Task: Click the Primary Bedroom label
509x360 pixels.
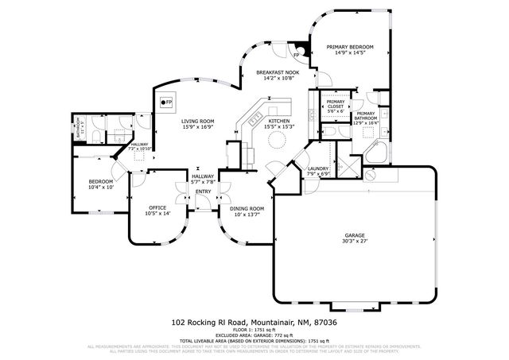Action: click(349, 48)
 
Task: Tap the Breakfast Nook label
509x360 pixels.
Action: click(275, 72)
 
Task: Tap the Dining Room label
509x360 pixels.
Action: click(246, 208)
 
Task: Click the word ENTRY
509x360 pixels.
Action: click(204, 192)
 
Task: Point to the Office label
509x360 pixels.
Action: click(157, 208)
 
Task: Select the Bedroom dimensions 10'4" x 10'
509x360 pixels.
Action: click(101, 188)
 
